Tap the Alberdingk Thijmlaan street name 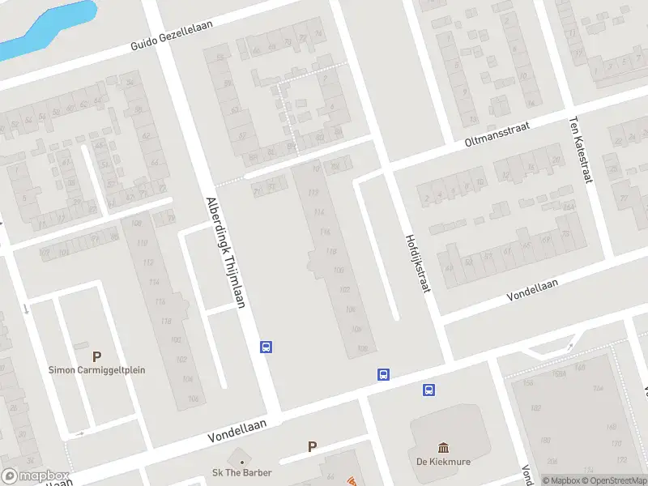tap(226, 252)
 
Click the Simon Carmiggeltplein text tap(97, 370)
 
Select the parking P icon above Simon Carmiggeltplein tap(97, 356)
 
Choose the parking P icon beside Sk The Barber tap(312, 446)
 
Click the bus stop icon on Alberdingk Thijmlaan tap(265, 347)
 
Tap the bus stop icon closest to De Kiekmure tap(428, 390)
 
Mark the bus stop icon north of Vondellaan tap(383, 374)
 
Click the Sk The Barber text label tap(242, 472)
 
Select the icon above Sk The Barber tap(242, 458)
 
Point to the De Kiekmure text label tap(443, 463)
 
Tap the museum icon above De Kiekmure tap(443, 448)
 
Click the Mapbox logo tap(35, 476)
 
